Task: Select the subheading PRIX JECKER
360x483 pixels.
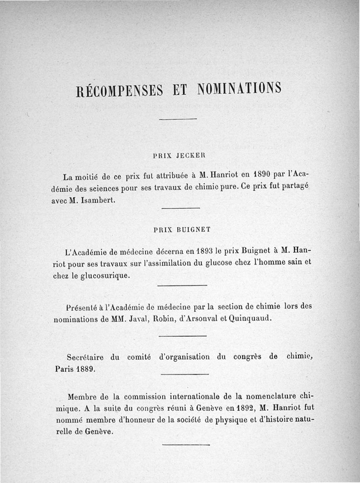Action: coord(179,155)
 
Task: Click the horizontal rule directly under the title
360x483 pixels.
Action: coord(178,118)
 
